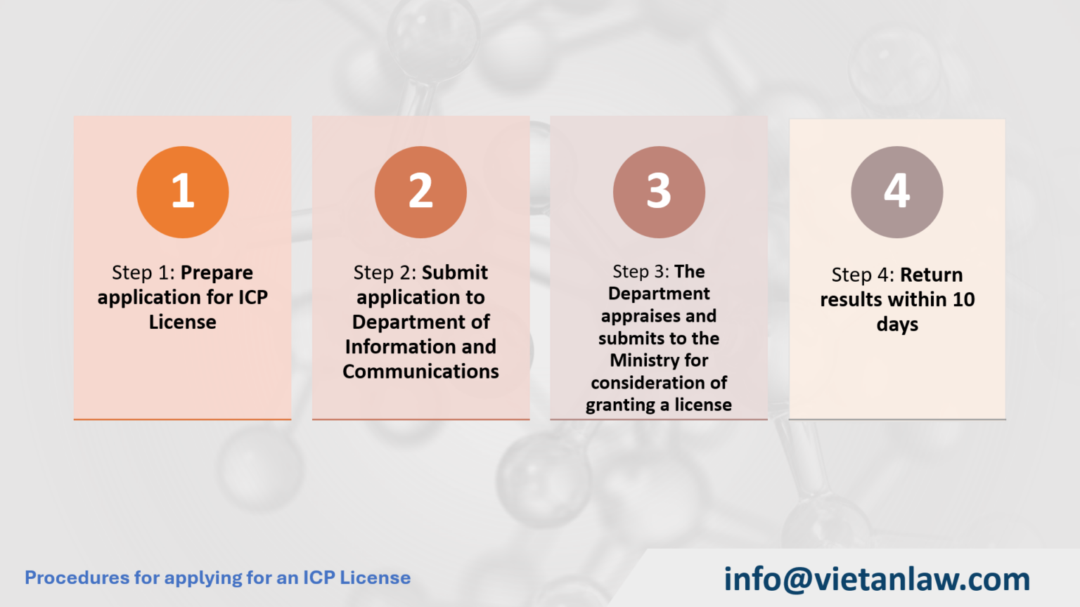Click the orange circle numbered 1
(x=183, y=192)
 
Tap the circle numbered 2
(x=420, y=192)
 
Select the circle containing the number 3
(x=659, y=192)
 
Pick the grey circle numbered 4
(x=896, y=192)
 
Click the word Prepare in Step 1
(x=217, y=273)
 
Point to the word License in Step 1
(x=183, y=322)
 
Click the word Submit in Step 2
(x=455, y=273)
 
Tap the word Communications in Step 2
(x=420, y=372)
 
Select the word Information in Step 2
(x=390, y=347)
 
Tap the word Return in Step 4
(x=932, y=275)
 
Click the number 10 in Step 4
(x=963, y=300)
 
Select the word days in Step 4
(x=897, y=325)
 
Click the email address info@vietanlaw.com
(x=877, y=580)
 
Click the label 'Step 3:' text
(x=641, y=272)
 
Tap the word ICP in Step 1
(x=252, y=297)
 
